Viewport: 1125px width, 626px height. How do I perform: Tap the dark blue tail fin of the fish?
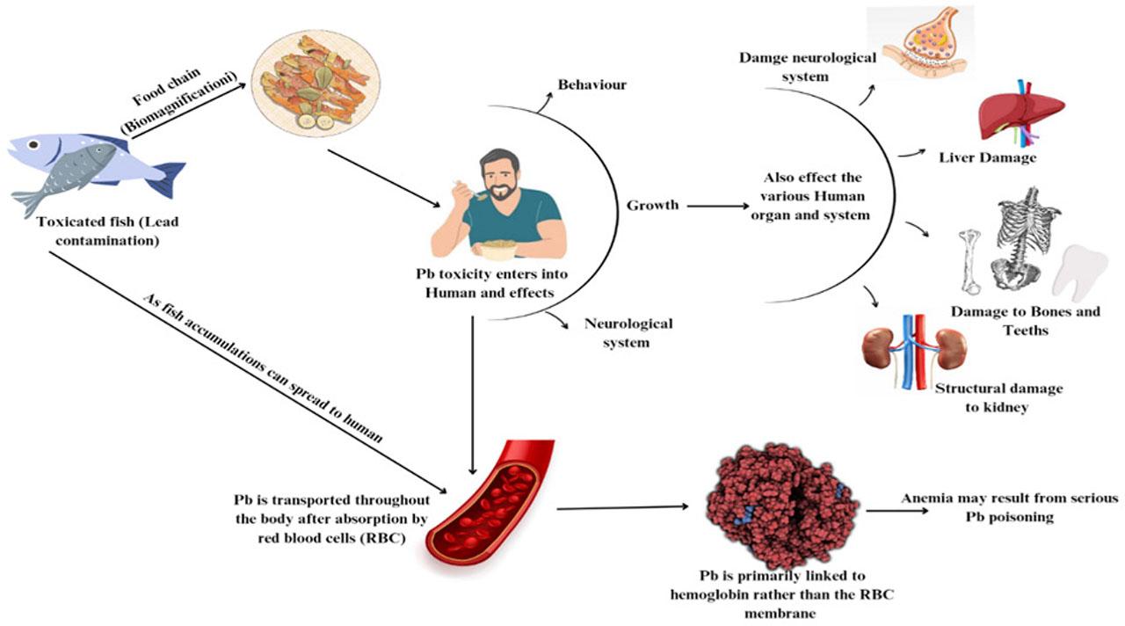click(167, 177)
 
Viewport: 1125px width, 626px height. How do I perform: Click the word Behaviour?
click(592, 85)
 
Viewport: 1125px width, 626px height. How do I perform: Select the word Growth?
click(652, 205)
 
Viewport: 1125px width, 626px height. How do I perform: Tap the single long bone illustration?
click(969, 261)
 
